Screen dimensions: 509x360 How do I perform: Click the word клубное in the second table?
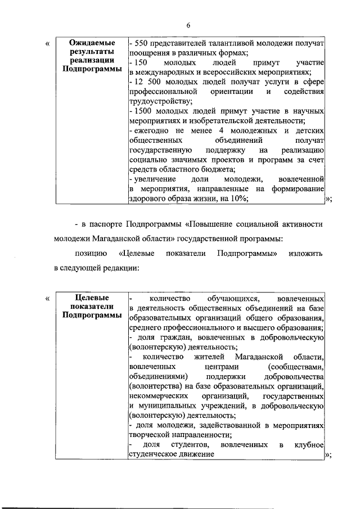pos(309,444)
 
